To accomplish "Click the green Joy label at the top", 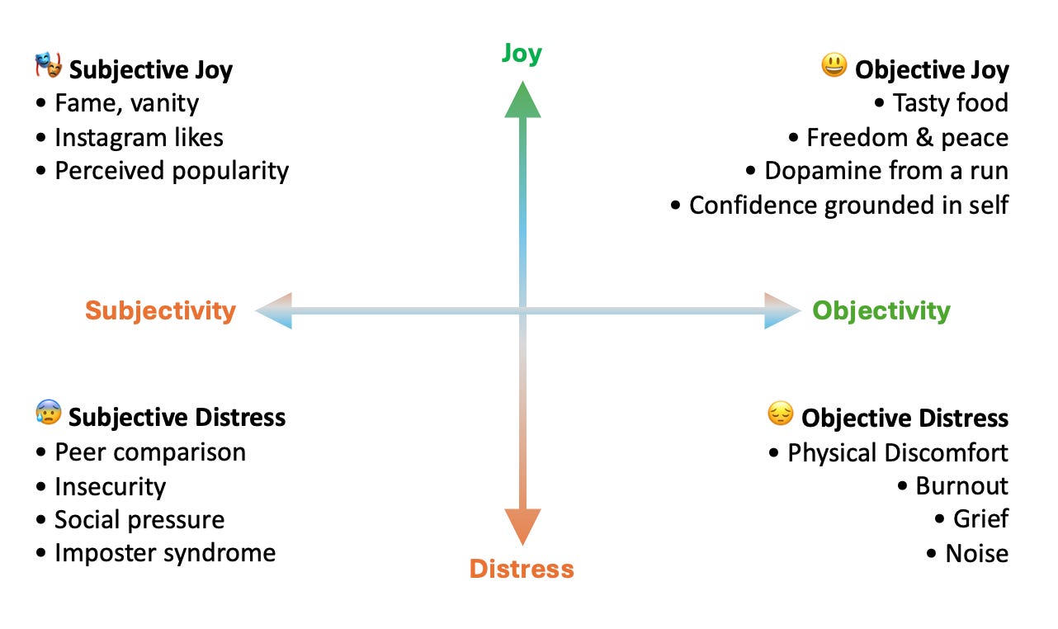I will pos(522,54).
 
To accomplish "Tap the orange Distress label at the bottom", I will pos(522,569).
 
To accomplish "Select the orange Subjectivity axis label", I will pos(160,310).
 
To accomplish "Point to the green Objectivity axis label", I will pos(881,310).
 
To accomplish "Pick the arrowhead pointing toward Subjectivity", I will pos(275,311).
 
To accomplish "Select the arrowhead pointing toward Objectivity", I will pos(782,311).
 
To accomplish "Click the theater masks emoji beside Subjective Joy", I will pos(49,67).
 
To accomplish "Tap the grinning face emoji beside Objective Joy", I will pos(834,66).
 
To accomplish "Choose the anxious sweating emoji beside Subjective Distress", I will pos(49,413).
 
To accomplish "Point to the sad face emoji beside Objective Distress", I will pos(780,414).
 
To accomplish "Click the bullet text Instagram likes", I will pos(139,137).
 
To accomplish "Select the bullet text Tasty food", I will pos(950,103).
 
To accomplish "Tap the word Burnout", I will pos(961,485).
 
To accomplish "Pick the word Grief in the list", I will pos(980,519).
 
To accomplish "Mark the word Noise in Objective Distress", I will pos(976,553).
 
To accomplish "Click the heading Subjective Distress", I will pos(177,417).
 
